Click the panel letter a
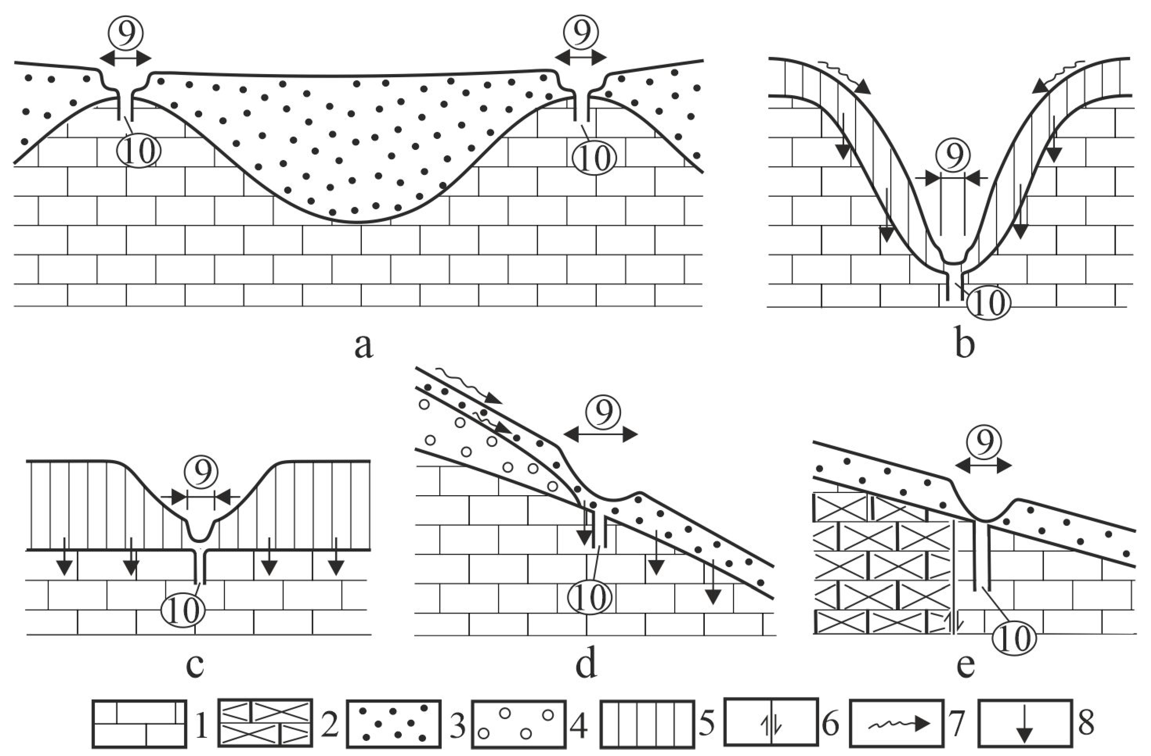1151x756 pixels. pos(364,346)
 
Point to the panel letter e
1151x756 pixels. pos(965,666)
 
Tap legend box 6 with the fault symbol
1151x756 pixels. pos(771,723)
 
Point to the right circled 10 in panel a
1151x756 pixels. pos(594,158)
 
